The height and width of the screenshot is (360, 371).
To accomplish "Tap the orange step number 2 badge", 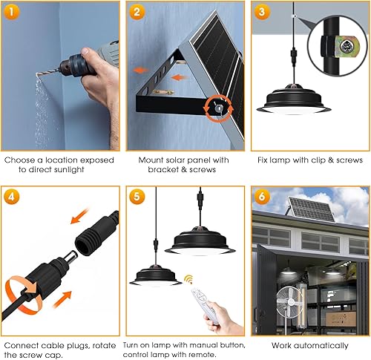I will coord(137,13).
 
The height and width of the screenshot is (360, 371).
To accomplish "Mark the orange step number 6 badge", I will coord(261,198).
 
